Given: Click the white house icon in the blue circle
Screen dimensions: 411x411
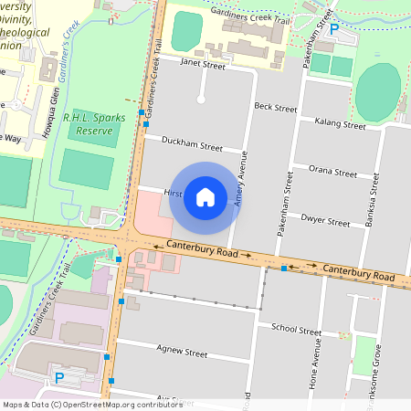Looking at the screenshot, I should (205, 196).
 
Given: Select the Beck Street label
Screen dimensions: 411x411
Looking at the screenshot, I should (276, 108).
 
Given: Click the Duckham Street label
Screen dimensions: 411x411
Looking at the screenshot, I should (191, 145).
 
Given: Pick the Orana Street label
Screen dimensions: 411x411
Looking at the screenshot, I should (332, 172).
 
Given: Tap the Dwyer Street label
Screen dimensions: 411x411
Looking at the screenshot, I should (325, 221).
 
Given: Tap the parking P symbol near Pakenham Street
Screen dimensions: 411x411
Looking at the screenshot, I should (334, 29).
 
